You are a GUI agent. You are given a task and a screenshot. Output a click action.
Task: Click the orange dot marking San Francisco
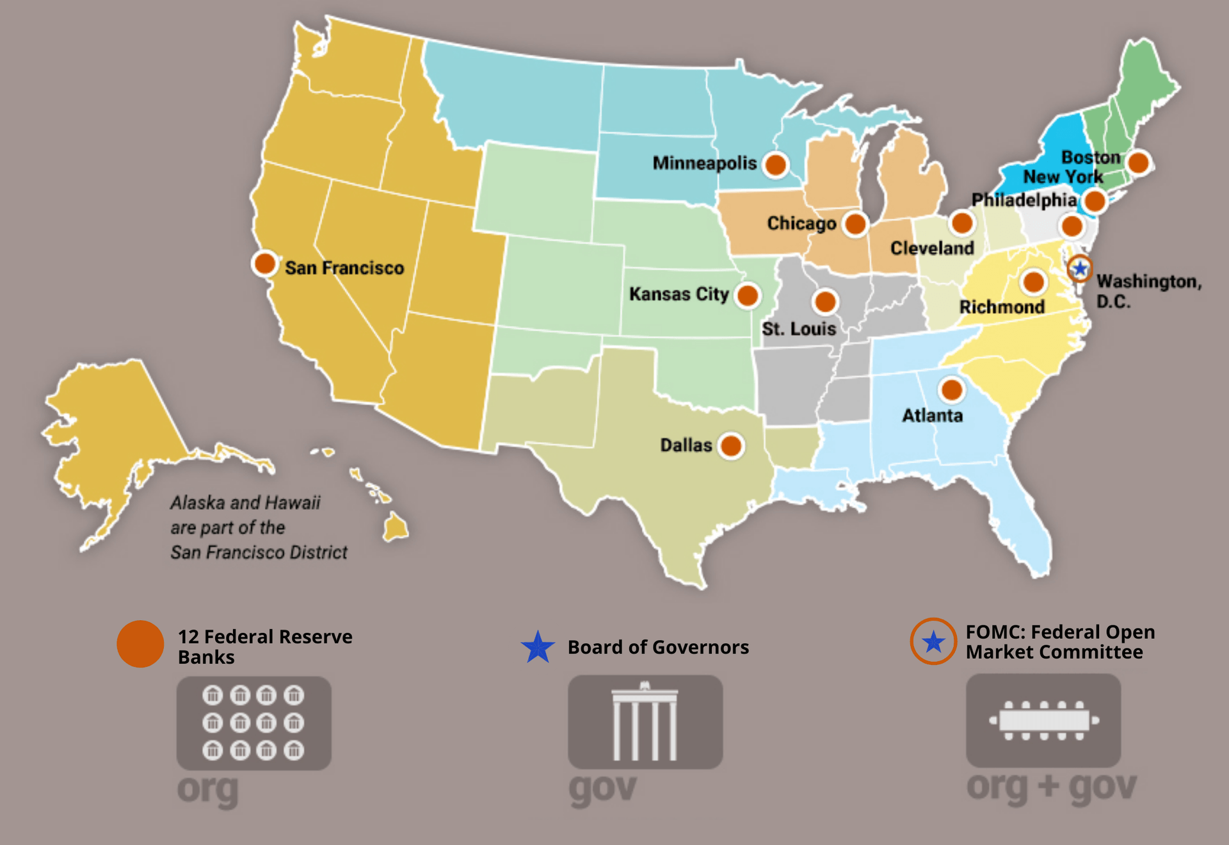(x=264, y=263)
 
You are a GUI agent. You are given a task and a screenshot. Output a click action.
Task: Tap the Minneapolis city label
(x=704, y=163)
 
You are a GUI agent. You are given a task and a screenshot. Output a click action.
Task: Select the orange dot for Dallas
(x=731, y=445)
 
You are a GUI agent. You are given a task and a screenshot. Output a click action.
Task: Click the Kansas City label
(x=679, y=294)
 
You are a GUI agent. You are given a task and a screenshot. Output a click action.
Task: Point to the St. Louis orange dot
(x=825, y=301)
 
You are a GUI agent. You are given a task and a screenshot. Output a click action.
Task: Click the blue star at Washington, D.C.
(x=1080, y=268)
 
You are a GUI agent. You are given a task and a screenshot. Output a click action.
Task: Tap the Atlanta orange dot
(x=951, y=390)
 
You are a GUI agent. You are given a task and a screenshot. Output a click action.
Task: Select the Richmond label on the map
(x=1001, y=307)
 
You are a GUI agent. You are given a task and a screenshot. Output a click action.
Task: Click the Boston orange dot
(x=1139, y=162)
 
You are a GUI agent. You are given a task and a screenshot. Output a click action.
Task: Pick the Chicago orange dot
(x=855, y=224)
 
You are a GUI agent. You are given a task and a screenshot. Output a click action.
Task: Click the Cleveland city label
(x=932, y=248)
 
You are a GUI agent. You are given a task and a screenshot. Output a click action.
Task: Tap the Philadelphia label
(x=1024, y=200)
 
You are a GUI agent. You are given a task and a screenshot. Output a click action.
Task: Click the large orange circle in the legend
(x=140, y=644)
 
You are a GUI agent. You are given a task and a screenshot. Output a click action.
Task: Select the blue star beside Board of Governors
(x=538, y=647)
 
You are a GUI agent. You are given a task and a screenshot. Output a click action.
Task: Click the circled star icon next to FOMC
(x=934, y=641)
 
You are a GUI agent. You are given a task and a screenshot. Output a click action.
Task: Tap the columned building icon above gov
(x=645, y=722)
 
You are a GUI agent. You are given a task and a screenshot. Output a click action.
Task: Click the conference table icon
(x=1043, y=721)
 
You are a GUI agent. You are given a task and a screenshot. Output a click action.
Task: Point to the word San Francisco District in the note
(x=259, y=552)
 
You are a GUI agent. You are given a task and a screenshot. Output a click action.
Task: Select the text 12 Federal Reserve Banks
(x=264, y=646)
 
